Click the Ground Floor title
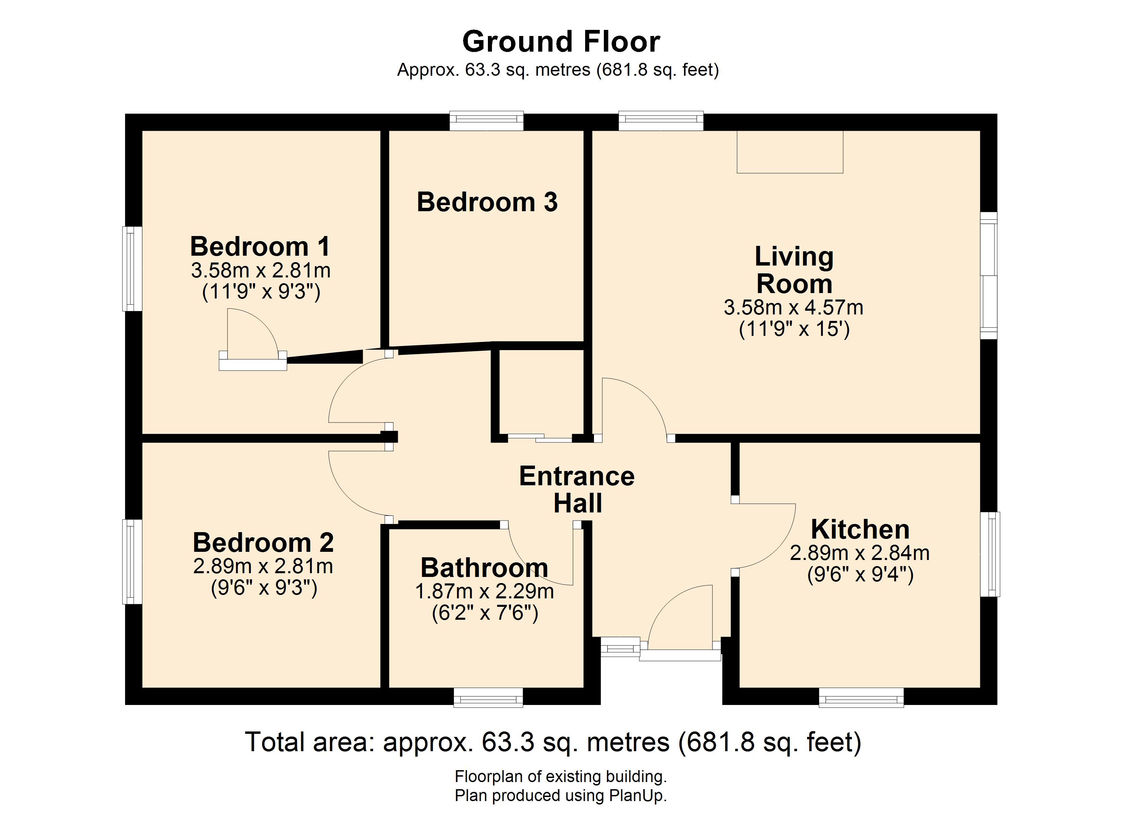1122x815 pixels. pyautogui.click(x=561, y=41)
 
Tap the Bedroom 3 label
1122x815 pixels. pyautogui.click(x=487, y=202)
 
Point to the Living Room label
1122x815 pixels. pyautogui.click(x=794, y=270)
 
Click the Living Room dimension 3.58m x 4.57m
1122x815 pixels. pyautogui.click(x=794, y=307)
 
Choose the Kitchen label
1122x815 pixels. pyautogui.click(x=860, y=529)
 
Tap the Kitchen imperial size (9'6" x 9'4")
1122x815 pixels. pyautogui.click(x=860, y=574)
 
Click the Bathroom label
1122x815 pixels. pyautogui.click(x=484, y=567)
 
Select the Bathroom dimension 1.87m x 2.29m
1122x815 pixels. pyautogui.click(x=484, y=591)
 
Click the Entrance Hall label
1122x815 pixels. pyautogui.click(x=577, y=490)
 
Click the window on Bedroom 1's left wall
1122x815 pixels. pyautogui.click(x=132, y=269)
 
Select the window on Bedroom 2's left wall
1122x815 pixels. pyautogui.click(x=132, y=561)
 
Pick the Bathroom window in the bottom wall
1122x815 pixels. pyautogui.click(x=488, y=698)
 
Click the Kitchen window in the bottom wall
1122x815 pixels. pyautogui.click(x=861, y=698)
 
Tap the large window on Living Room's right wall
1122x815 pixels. pyautogui.click(x=989, y=275)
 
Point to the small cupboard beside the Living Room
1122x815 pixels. pyautogui.click(x=542, y=392)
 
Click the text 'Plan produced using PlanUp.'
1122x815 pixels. pyautogui.click(x=561, y=795)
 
